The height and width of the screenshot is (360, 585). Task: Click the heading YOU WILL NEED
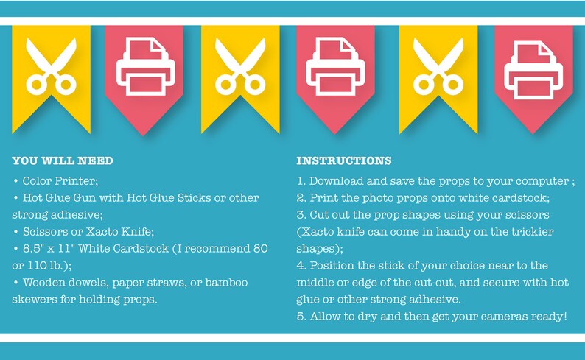tap(63, 160)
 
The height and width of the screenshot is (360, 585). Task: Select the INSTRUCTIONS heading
tap(343, 160)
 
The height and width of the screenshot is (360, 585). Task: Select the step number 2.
tap(301, 198)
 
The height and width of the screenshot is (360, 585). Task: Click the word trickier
tap(533, 232)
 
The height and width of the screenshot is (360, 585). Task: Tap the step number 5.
tap(301, 317)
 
